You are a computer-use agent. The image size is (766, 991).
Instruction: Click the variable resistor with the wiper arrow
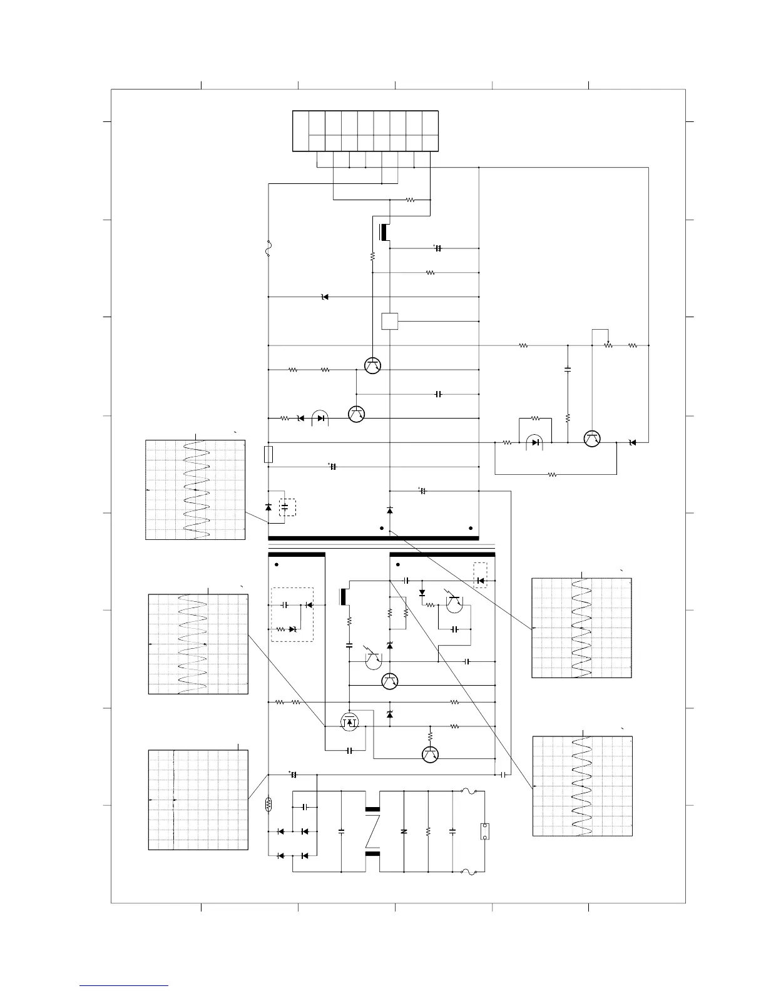point(608,345)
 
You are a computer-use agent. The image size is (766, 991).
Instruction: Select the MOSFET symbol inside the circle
point(350,722)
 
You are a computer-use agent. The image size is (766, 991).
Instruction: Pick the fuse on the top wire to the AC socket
point(470,793)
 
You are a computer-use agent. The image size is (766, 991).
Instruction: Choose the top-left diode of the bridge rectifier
point(280,831)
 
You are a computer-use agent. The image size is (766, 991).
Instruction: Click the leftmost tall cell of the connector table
point(300,131)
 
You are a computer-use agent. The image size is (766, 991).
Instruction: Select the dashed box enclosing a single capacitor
point(287,507)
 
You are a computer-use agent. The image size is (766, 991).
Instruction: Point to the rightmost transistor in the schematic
point(591,439)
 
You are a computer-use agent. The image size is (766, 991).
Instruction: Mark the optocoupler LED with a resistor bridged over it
point(535,442)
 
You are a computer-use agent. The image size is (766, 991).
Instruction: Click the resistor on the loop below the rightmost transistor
point(552,475)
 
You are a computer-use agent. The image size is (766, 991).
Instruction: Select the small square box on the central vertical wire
point(390,321)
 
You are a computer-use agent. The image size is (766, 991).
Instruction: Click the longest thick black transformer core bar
point(373,538)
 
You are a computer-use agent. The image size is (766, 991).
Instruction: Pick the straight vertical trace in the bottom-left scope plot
point(173,800)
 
